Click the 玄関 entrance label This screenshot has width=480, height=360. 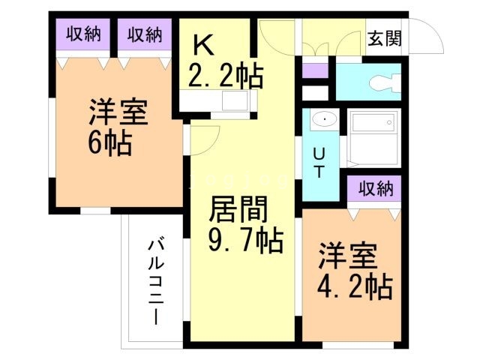[x=385, y=38]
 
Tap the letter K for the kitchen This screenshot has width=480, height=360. [x=203, y=45]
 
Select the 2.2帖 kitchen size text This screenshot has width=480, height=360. [x=226, y=75]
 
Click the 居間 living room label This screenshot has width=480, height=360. [x=238, y=209]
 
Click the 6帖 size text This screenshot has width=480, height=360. [x=110, y=143]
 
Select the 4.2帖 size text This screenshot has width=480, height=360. [x=355, y=287]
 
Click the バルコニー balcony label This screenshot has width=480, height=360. [x=156, y=282]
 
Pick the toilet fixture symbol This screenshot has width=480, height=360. [x=385, y=82]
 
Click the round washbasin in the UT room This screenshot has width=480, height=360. [x=324, y=119]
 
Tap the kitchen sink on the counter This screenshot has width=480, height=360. [x=235, y=100]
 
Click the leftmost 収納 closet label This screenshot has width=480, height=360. [x=83, y=34]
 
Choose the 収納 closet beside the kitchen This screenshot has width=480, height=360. [x=145, y=34]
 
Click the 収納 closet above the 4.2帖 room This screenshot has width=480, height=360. [x=376, y=188]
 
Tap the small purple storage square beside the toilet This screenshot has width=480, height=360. [x=315, y=70]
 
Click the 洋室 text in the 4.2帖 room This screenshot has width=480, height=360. [x=347, y=256]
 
